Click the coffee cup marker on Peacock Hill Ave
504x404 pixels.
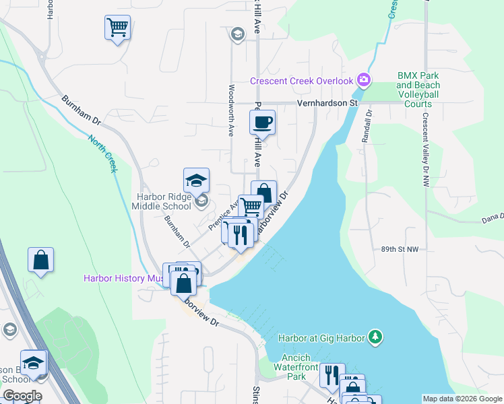pyautogui.click(x=263, y=123)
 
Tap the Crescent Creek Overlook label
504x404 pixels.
pyautogui.click(x=301, y=81)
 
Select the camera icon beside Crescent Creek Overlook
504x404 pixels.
pyautogui.click(x=364, y=81)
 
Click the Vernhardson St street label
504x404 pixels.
pyautogui.click(x=327, y=103)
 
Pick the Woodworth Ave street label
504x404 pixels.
pyautogui.click(x=231, y=111)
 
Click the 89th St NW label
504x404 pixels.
pyautogui.click(x=400, y=249)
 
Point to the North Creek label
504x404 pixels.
pyautogui.click(x=102, y=153)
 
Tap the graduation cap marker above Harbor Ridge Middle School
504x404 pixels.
pyautogui.click(x=196, y=180)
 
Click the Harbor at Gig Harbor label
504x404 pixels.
pyautogui.click(x=321, y=337)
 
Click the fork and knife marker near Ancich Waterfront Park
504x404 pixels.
pyautogui.click(x=332, y=375)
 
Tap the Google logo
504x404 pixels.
pyautogui.click(x=23, y=396)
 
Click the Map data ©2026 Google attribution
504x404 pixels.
pyautogui.click(x=462, y=399)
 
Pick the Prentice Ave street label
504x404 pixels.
pyautogui.click(x=224, y=214)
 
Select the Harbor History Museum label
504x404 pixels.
pyautogui.click(x=124, y=278)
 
